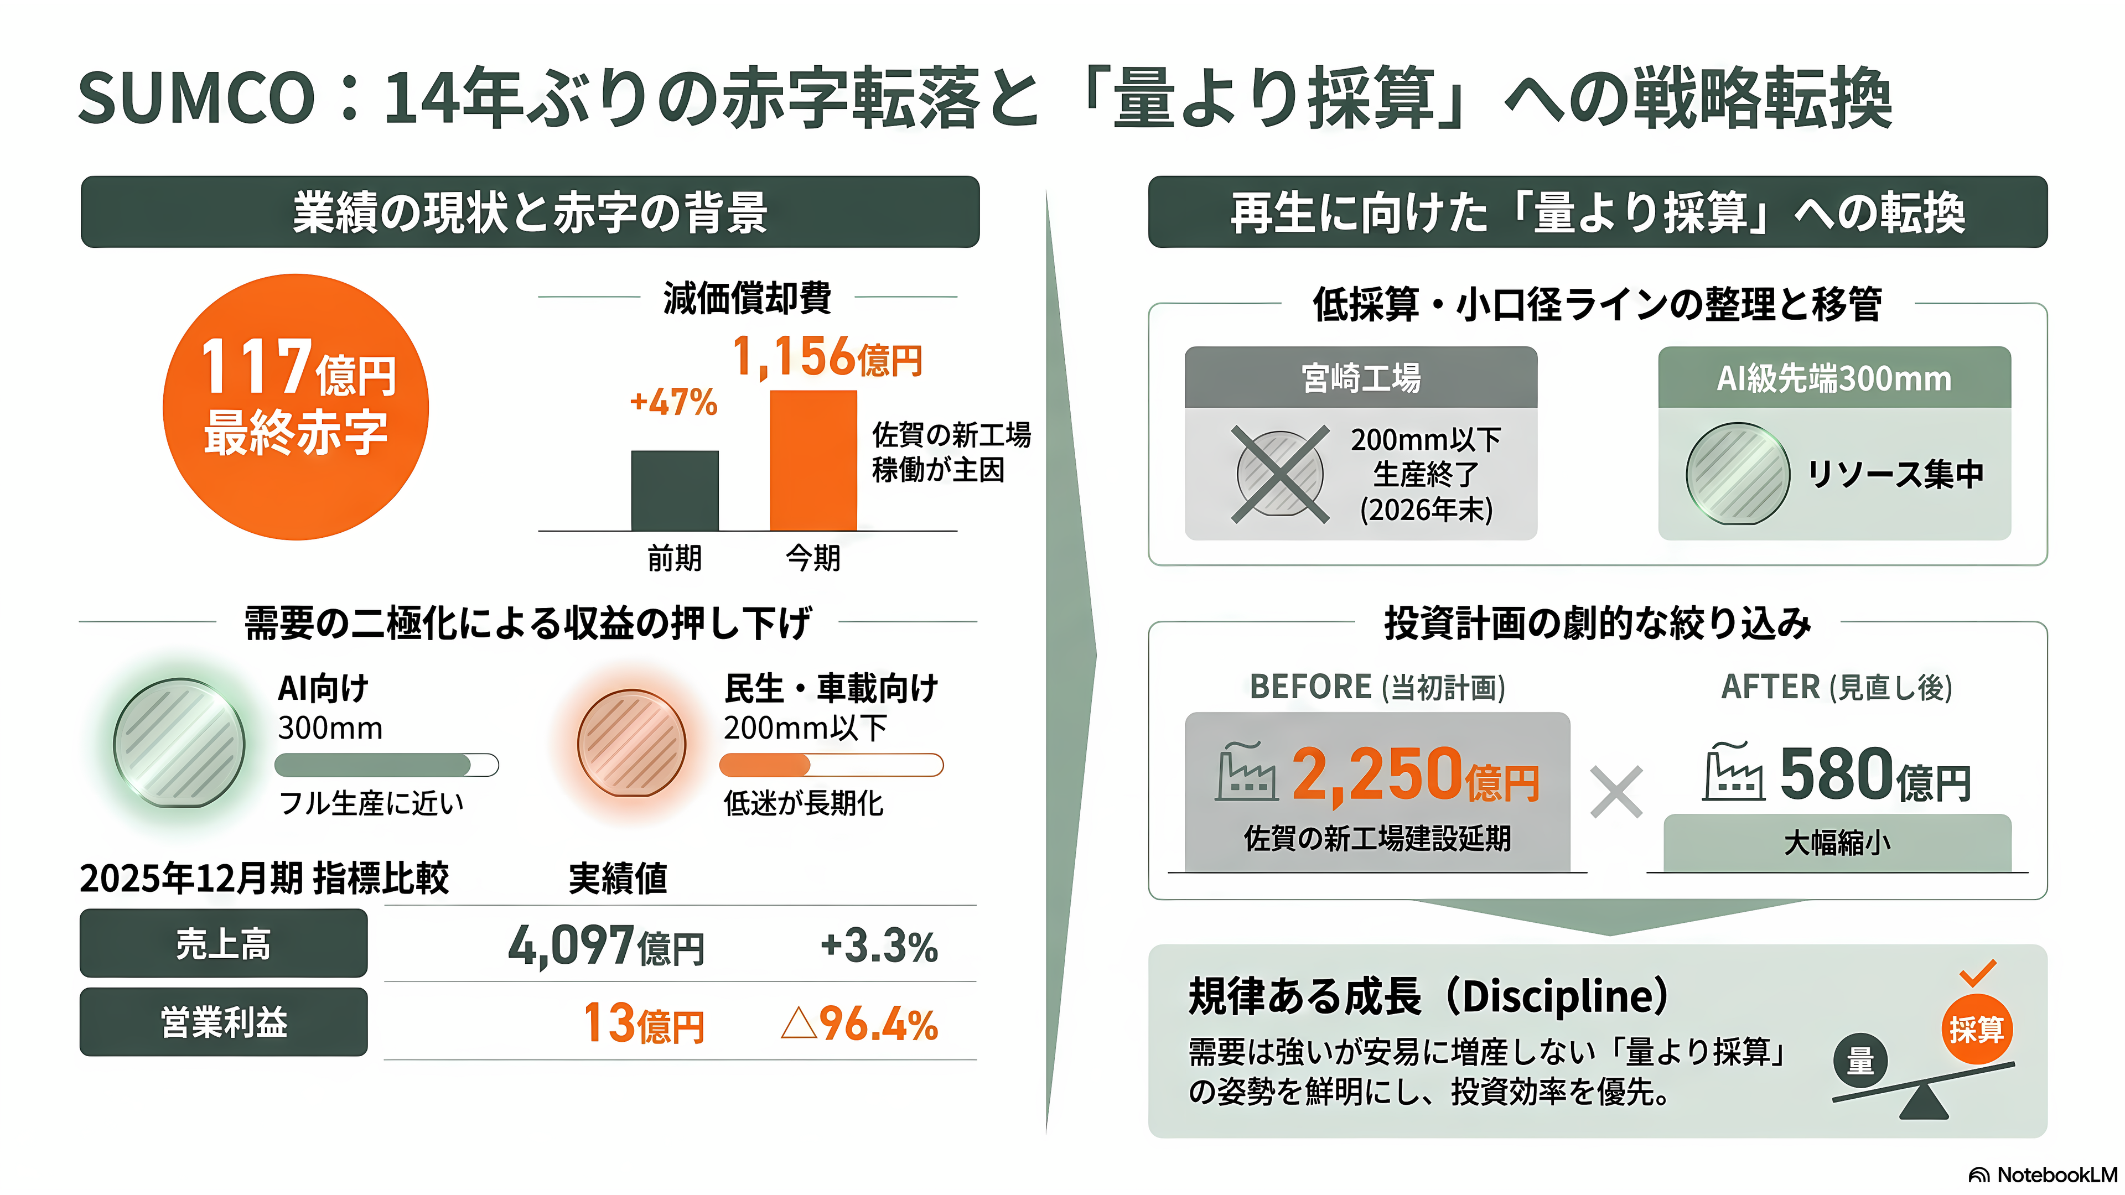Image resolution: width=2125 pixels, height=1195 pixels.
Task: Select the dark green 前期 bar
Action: tap(675, 491)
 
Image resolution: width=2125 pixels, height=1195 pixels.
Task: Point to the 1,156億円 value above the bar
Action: tap(827, 357)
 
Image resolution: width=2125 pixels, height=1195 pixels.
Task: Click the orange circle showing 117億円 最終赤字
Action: tap(296, 407)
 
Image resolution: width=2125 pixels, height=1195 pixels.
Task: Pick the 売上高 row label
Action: tap(224, 943)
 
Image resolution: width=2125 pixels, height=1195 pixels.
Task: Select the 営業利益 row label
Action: tap(224, 1022)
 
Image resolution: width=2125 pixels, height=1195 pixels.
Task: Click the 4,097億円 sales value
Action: tap(607, 945)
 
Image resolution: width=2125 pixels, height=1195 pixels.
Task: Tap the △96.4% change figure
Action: tap(859, 1024)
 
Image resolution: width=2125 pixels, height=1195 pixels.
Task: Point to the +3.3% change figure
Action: tap(879, 946)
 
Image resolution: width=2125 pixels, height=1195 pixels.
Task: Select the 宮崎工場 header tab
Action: tap(1361, 378)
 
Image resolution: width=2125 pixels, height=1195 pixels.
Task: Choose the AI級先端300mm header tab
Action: tap(1834, 378)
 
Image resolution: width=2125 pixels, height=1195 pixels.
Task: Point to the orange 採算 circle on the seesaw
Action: tap(1977, 1029)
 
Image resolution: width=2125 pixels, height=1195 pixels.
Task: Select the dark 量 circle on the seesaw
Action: tap(1860, 1061)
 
